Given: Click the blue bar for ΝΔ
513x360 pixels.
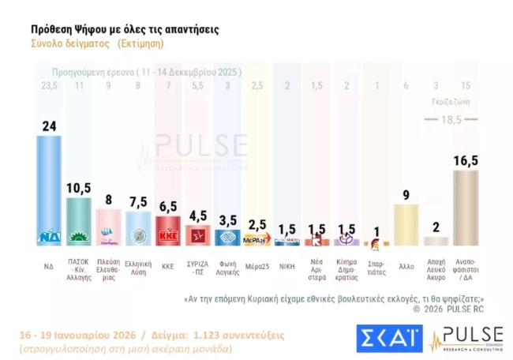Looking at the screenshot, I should pos(49,189).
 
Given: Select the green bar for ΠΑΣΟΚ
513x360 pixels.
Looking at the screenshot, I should pos(78,221).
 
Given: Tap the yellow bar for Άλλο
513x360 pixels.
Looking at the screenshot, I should pos(406,224).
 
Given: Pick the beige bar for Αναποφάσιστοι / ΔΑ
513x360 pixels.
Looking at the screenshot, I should pos(465,208).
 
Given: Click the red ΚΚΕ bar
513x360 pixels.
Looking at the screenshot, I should pos(167,231).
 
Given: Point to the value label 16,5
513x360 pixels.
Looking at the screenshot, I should pos(465,161).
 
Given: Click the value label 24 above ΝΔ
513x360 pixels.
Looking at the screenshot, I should pos(49,126).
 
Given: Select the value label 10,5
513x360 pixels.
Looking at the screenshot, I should pos(78,188).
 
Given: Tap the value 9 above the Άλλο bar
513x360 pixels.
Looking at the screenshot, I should pos(406,194).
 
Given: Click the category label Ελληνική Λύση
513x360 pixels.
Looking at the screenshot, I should pos(138,266).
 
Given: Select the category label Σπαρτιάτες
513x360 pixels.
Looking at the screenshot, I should pos(376,266).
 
